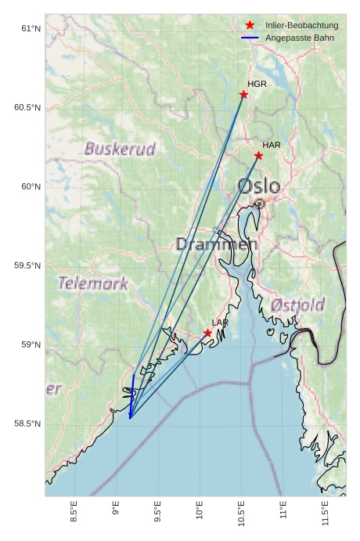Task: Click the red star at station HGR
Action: click(243, 95)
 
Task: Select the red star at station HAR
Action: click(258, 156)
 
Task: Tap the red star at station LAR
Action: click(207, 333)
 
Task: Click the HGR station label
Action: click(257, 84)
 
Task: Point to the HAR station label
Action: click(272, 146)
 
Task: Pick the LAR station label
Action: click(220, 323)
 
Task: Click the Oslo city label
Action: click(258, 186)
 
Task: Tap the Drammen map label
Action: click(217, 244)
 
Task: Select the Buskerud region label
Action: click(120, 149)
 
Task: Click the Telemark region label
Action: click(92, 283)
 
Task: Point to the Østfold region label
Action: click(297, 305)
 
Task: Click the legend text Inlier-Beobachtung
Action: click(301, 25)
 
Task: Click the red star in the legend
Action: click(250, 25)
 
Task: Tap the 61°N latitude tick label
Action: click(30, 29)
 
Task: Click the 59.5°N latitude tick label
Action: click(27, 266)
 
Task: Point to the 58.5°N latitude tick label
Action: click(27, 424)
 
